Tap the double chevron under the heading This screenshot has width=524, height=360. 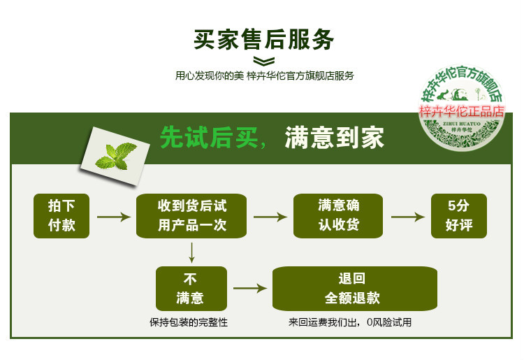pyautogui.click(x=263, y=61)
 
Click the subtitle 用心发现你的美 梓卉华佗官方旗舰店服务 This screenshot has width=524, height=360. pyautogui.click(x=265, y=76)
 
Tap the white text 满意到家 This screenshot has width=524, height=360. pyautogui.click(x=334, y=138)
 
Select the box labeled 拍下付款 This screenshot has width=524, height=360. pyautogui.click(x=61, y=215)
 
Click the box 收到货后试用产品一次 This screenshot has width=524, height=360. pyautogui.click(x=192, y=215)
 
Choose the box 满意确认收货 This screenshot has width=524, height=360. pyautogui.click(x=338, y=215)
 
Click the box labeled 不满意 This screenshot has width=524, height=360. pyautogui.click(x=190, y=288)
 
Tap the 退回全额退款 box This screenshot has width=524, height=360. pyautogui.click(x=354, y=288)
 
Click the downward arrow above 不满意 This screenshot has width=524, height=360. pyautogui.click(x=191, y=252)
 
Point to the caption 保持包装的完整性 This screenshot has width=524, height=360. pyautogui.click(x=189, y=322)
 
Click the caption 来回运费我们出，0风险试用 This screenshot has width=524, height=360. pyautogui.click(x=350, y=322)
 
